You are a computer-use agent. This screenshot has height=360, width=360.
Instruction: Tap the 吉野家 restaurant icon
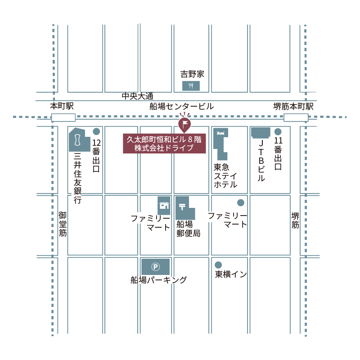pyautogui.click(x=191, y=85)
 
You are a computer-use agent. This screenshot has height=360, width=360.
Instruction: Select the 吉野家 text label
pyautogui.click(x=192, y=74)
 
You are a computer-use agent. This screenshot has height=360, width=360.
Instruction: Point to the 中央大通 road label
pyautogui.click(x=137, y=96)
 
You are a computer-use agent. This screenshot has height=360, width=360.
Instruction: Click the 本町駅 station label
pyautogui.click(x=62, y=107)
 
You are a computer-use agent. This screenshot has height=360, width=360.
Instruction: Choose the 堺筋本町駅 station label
pyautogui.click(x=293, y=107)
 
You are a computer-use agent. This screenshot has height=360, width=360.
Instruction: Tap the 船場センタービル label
pyautogui.click(x=182, y=107)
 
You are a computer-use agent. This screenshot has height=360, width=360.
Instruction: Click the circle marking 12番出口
pyautogui.click(x=96, y=131)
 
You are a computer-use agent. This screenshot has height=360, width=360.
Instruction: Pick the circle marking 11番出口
pyautogui.click(x=278, y=131)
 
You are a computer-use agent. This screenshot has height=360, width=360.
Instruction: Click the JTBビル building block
pyautogui.click(x=261, y=132)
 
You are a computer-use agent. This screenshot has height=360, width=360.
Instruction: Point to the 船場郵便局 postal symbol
pyautogui.click(x=182, y=207)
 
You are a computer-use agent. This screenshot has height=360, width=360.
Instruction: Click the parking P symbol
pyautogui.click(x=156, y=267)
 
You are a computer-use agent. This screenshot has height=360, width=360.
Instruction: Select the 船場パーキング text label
pyautogui.click(x=158, y=280)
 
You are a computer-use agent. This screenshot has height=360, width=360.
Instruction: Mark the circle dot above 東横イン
pyautogui.click(x=218, y=265)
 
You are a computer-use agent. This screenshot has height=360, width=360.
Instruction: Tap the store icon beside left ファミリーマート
pyautogui.click(x=163, y=206)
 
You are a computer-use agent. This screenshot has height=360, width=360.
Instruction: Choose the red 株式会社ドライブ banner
pyautogui.click(x=164, y=144)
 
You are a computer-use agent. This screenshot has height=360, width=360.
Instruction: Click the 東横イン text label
pyautogui.click(x=231, y=274)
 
